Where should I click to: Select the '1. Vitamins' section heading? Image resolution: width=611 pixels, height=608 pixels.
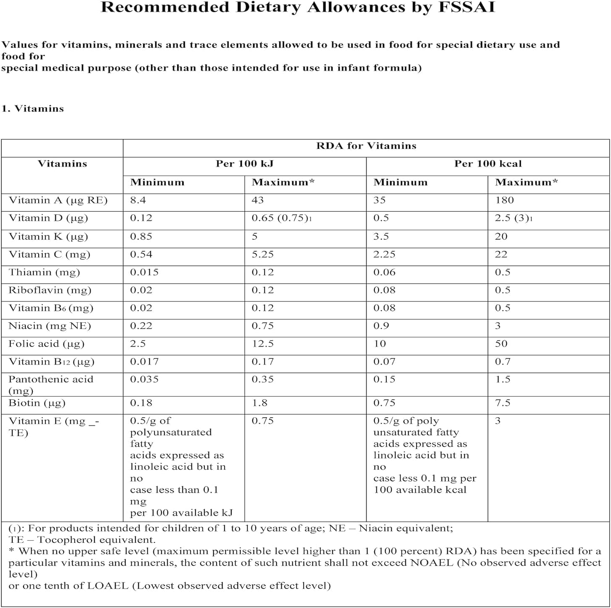[33, 108]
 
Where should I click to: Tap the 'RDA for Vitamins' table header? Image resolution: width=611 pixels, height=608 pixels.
[366, 146]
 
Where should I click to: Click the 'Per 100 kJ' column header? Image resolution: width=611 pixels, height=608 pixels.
[244, 164]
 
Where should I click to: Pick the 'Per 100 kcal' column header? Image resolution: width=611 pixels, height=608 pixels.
[488, 164]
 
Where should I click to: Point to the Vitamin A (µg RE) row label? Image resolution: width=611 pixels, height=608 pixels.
[58, 200]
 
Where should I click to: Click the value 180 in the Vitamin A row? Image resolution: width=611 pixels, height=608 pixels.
[504, 200]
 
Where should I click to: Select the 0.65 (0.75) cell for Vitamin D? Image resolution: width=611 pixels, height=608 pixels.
[282, 218]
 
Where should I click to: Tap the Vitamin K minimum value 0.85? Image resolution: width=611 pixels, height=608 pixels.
[141, 237]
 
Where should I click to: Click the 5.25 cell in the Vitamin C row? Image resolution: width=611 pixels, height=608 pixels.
[262, 255]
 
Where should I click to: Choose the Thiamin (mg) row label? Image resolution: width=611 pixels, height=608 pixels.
[44, 272]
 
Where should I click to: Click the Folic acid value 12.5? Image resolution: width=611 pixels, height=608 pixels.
[262, 344]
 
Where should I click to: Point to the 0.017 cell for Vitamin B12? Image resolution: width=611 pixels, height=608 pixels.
[144, 362]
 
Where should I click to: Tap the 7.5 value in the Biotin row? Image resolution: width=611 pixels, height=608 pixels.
[503, 403]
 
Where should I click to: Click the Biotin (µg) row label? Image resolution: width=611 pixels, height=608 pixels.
[37, 403]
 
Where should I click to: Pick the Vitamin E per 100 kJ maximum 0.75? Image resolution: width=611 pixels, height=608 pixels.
[262, 421]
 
